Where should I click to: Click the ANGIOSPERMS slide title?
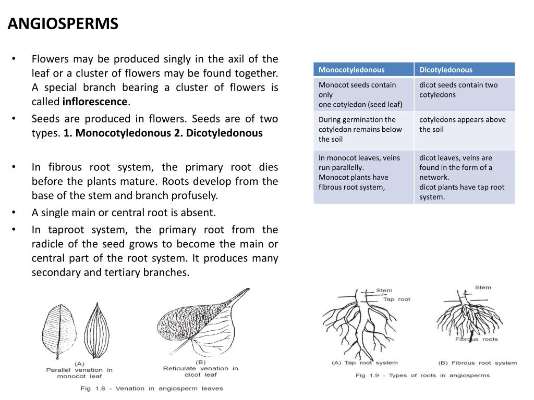tap(63, 24)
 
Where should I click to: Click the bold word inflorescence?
tap(95, 102)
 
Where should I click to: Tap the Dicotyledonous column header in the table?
tap(446, 70)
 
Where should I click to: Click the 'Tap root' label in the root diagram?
tap(396, 299)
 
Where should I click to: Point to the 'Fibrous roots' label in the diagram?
tap(476, 339)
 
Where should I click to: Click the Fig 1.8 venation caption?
tap(151, 388)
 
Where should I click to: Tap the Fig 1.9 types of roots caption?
tap(422, 375)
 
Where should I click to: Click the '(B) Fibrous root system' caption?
tap(477, 362)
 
